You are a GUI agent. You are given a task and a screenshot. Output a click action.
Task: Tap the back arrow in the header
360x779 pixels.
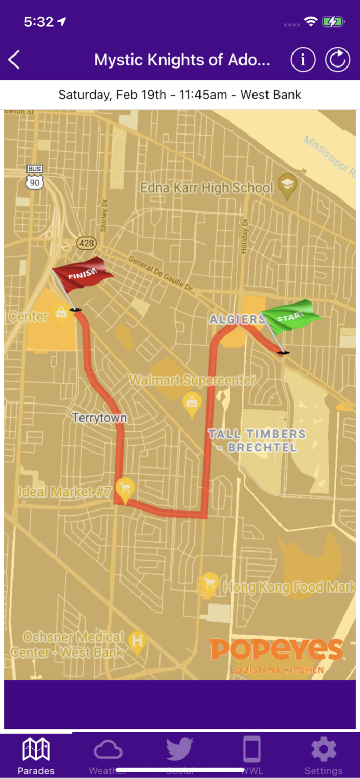click(14, 60)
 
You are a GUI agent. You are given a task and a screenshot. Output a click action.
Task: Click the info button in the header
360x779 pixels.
click(303, 60)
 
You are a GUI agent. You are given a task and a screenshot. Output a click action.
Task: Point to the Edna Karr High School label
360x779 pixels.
click(207, 188)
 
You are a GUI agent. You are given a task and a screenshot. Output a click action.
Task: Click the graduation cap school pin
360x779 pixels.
click(287, 185)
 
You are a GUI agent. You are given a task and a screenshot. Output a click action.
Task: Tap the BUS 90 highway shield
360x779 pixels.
click(35, 177)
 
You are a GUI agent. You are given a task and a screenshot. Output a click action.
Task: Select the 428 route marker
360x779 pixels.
click(86, 243)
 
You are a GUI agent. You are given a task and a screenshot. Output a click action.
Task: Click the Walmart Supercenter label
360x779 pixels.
click(192, 381)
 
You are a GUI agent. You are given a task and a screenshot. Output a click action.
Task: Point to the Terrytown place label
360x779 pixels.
click(99, 418)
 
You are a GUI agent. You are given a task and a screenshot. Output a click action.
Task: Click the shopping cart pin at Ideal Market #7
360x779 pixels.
click(125, 489)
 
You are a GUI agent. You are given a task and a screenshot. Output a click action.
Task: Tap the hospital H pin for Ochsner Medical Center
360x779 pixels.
click(137, 641)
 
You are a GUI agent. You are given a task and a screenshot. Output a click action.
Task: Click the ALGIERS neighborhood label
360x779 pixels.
click(237, 319)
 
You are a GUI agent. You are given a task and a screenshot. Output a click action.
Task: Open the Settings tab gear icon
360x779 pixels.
click(323, 750)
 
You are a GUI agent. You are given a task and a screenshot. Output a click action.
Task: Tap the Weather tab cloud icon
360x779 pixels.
click(108, 750)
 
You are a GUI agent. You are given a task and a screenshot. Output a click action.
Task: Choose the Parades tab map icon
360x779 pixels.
click(36, 750)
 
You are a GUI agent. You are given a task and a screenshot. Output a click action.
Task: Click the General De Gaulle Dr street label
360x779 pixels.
click(160, 272)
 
